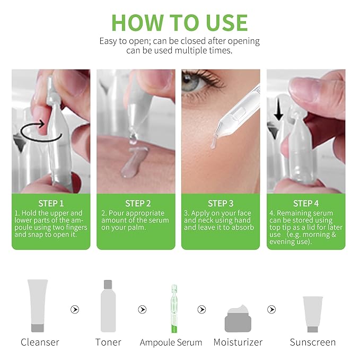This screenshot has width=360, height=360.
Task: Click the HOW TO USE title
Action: coord(180,22)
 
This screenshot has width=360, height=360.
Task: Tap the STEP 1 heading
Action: coord(51,203)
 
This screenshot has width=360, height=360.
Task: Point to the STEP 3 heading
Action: coord(221,203)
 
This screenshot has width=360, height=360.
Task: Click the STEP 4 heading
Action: coord(306,203)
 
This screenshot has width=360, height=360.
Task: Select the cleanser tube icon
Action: coord(38,305)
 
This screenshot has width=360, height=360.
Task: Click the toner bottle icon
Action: coord(108,306)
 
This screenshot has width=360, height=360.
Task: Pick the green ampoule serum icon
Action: coord(173,308)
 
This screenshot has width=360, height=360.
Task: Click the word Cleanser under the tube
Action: coord(40,342)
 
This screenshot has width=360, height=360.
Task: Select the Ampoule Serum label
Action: coord(171,342)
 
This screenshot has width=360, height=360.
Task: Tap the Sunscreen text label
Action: coord(312,342)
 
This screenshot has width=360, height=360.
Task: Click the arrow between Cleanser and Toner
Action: coord(75,309)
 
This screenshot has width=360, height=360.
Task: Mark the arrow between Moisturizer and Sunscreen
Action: coord(271,309)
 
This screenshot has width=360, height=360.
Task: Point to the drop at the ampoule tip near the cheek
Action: coord(213,142)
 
